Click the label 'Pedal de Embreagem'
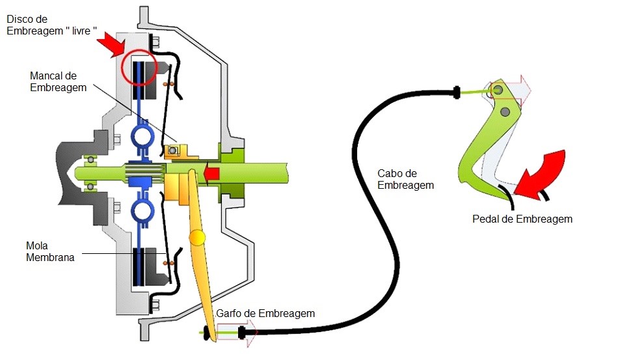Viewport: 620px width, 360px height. [522, 219]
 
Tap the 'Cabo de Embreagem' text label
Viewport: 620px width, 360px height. [405, 179]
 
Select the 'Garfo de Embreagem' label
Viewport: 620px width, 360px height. [265, 313]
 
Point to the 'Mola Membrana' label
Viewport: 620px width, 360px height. [50, 252]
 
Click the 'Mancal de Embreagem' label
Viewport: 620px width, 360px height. [58, 81]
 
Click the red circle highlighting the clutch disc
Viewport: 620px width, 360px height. [139, 68]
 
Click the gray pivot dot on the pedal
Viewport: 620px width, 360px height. [505, 113]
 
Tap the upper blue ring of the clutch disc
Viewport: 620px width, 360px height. [141, 137]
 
